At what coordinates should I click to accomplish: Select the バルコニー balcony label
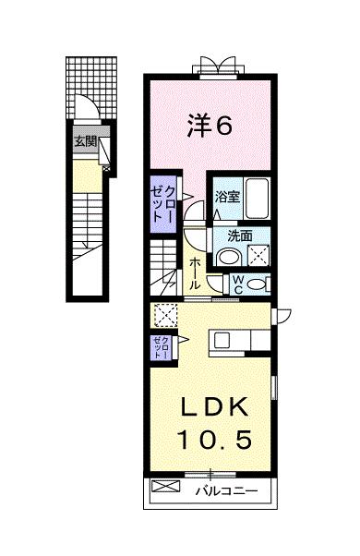225,490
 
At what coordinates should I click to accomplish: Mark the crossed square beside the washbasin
258,256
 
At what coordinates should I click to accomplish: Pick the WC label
238,282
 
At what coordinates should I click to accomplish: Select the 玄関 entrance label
86,141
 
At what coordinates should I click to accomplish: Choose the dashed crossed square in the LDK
165,316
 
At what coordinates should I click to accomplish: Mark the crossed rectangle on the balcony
164,488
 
